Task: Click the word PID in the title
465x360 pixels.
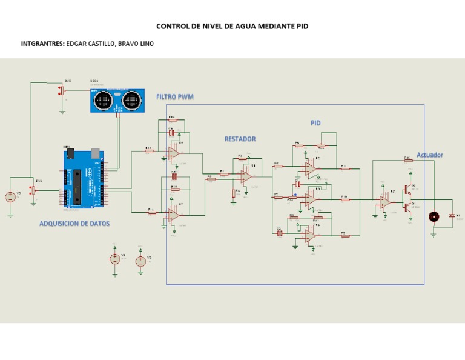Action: click(x=301, y=27)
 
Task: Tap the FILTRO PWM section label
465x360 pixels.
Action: click(x=175, y=97)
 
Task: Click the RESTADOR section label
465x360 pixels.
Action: click(x=240, y=139)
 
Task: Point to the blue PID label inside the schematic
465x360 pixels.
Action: click(x=315, y=123)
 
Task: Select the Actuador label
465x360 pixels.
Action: click(x=429, y=155)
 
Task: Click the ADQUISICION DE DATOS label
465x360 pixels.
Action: click(x=74, y=224)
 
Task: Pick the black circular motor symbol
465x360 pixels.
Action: click(x=434, y=217)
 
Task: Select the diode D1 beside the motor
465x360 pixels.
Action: click(x=451, y=216)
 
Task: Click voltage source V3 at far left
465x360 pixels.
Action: click(x=10, y=197)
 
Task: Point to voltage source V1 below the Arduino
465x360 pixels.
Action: click(x=114, y=259)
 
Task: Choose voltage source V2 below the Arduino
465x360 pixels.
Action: click(x=140, y=261)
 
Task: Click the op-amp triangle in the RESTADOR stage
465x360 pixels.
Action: click(x=246, y=176)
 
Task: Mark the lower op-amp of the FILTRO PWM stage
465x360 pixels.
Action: click(x=174, y=215)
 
